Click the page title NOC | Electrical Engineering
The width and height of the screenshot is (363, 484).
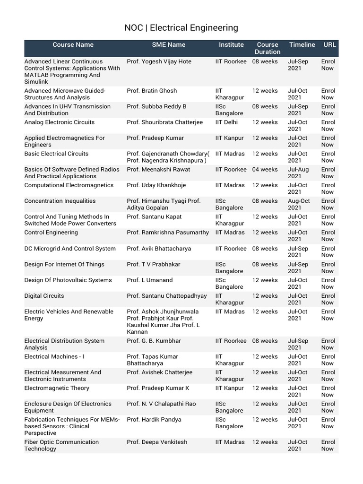(181, 28)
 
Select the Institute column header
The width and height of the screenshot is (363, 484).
(231, 45)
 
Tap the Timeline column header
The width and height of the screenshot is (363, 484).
(302, 45)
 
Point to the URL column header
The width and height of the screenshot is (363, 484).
(329, 45)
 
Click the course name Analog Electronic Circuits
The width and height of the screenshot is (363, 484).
(59, 122)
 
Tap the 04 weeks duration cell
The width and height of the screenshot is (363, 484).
(265, 170)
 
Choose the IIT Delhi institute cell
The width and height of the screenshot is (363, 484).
(227, 122)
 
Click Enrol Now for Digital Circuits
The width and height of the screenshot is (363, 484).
(328, 299)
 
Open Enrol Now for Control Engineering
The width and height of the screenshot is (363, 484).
(328, 236)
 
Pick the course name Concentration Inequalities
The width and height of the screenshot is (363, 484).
(60, 201)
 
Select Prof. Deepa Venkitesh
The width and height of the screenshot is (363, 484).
(157, 442)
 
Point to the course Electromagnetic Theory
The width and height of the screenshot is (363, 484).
(56, 389)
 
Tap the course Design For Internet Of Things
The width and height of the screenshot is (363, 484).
(64, 265)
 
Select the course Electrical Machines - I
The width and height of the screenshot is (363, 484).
(54, 357)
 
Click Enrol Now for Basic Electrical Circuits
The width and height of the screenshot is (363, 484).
(328, 157)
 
